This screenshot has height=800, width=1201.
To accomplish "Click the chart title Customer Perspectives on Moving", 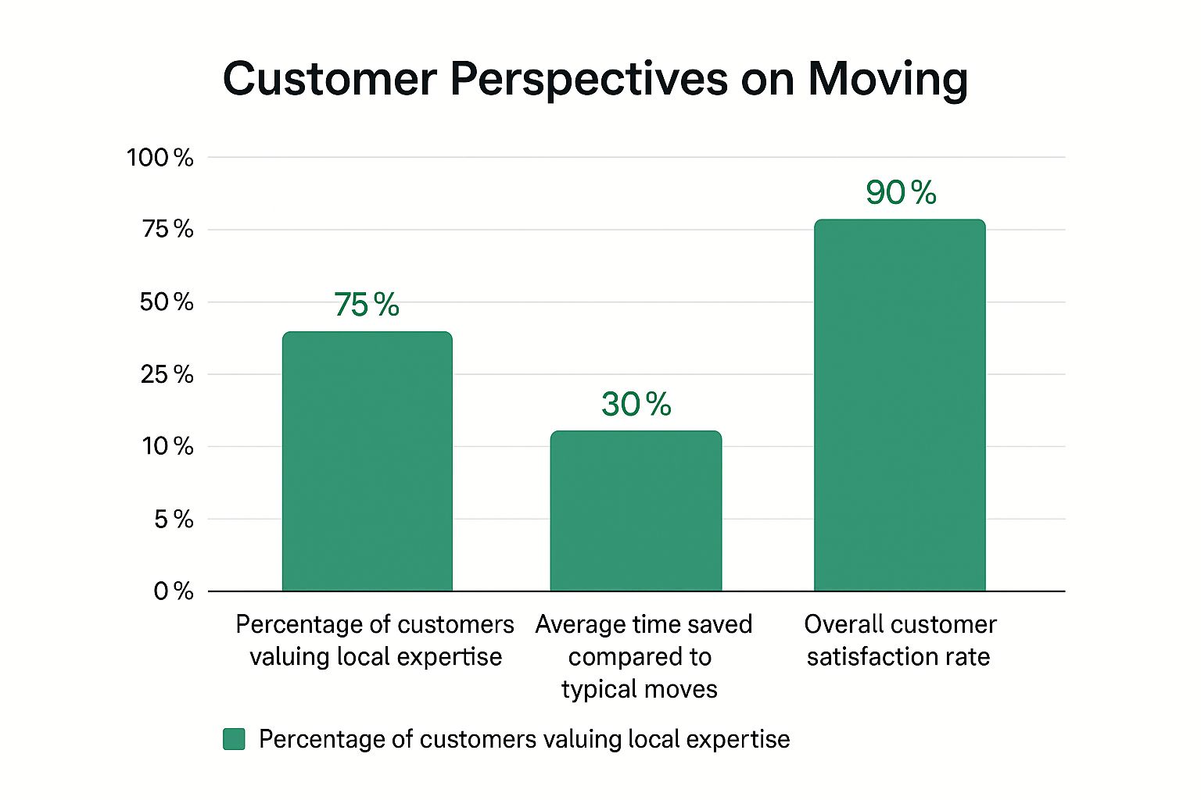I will (595, 79).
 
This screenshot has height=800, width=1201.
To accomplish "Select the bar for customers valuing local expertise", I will (367, 461).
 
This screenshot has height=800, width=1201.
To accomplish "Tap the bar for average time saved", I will (636, 511).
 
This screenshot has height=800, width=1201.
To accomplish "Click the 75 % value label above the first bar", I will (366, 305).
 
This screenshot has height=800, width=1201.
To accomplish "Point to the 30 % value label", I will (636, 404).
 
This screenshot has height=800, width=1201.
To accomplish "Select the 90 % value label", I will (901, 193).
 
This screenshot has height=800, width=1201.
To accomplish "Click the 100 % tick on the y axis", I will (160, 158).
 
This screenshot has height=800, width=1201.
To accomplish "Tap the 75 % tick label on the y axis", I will (167, 229).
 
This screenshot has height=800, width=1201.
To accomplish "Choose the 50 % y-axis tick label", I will (167, 302).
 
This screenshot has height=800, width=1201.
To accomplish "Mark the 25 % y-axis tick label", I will (167, 374).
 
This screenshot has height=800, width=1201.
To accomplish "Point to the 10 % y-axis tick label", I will (167, 446).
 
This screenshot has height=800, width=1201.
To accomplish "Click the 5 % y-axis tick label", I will (174, 519).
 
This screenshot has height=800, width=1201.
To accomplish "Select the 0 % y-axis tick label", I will (174, 591).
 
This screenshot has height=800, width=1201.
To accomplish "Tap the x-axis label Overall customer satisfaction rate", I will (899, 640).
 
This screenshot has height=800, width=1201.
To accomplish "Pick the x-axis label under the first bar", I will (375, 640).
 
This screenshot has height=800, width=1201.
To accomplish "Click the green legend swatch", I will (234, 739).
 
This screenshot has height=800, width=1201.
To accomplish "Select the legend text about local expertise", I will (524, 739).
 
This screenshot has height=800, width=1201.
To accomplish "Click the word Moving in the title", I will (887, 79).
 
